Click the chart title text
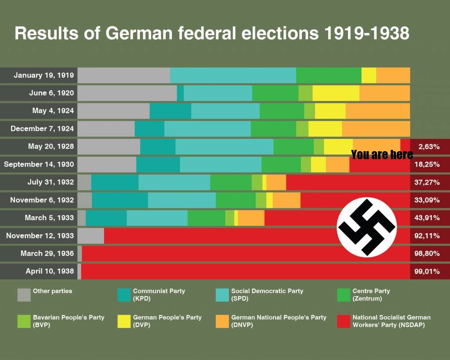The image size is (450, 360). tap(212, 33)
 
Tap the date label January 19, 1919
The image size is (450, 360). tap(44, 75)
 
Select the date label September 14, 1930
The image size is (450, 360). tap(39, 164)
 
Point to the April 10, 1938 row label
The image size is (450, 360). tap(50, 271)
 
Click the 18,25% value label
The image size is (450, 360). tap(427, 164)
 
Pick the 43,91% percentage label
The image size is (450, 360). tap(427, 218)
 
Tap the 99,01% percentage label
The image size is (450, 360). tap(427, 271)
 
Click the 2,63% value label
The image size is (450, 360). tap(429, 147)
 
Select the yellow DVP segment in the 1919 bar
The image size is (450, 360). tap(369, 75)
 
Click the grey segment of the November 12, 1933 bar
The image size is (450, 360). tap(91, 236)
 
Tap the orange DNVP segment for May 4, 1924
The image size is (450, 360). tap(378, 111)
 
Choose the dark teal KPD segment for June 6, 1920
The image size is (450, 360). tap(180, 93)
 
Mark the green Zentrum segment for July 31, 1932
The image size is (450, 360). tap(231, 182)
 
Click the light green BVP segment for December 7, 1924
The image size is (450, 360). tap(302, 129)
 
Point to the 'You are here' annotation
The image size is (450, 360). tap(382, 154)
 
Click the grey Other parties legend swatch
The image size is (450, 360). tap(24, 295)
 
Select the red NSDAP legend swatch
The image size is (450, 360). tap(344, 321)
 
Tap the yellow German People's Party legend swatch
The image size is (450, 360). tap(124, 321)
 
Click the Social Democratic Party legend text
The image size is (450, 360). tap(267, 295)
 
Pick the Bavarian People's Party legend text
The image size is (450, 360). tap(69, 321)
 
